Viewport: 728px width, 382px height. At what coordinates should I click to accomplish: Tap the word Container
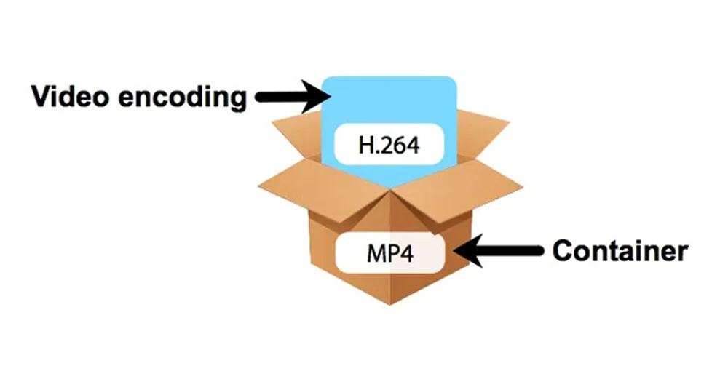tap(620, 252)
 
